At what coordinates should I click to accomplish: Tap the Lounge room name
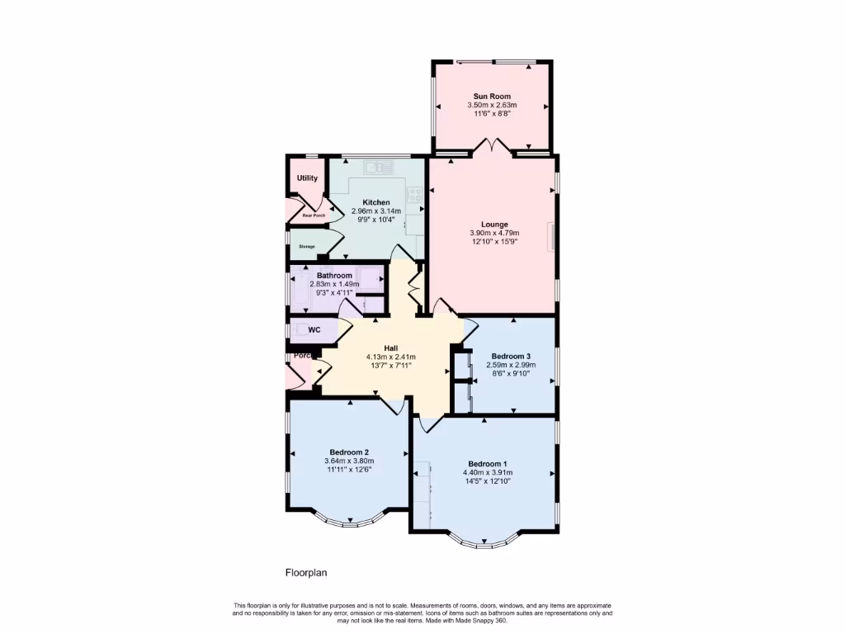(x=495, y=224)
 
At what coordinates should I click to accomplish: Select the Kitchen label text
(x=376, y=202)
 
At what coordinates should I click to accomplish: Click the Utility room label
(x=307, y=178)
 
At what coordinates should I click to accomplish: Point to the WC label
(x=314, y=330)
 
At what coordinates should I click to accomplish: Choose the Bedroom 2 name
(x=349, y=452)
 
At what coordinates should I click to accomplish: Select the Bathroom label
(x=334, y=276)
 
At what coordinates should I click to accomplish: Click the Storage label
(x=307, y=246)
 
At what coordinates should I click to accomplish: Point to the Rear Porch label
(x=314, y=215)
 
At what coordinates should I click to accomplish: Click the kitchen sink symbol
(x=380, y=167)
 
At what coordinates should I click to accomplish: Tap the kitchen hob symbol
(x=414, y=196)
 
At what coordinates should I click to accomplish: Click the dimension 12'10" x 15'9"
(x=495, y=242)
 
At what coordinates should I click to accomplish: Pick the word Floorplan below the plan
(x=307, y=571)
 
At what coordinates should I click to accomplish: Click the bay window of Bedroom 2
(x=348, y=520)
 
